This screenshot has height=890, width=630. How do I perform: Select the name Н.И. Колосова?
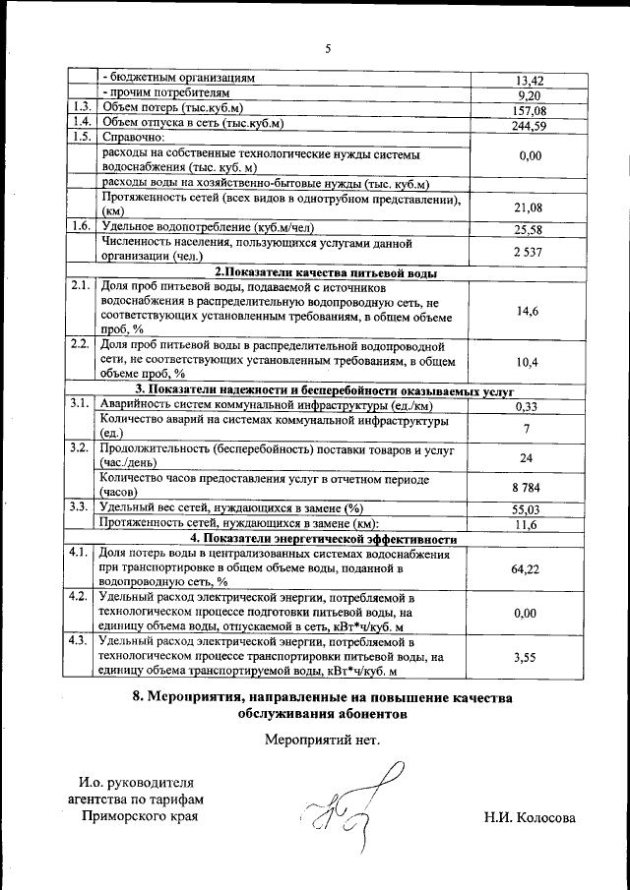530,818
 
